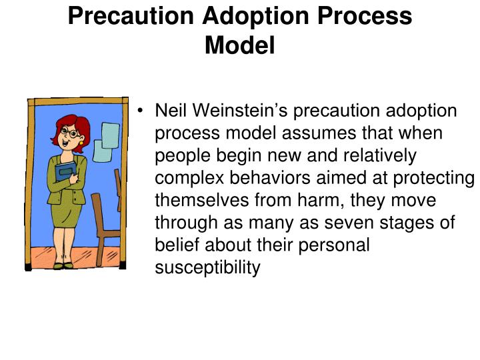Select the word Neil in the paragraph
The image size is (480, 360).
pyautogui.click(x=171, y=111)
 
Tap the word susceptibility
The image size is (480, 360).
pyautogui.click(x=207, y=269)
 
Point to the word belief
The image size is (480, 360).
pyautogui.click(x=175, y=246)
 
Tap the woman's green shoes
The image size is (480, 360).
pyautogui.click(x=65, y=265)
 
